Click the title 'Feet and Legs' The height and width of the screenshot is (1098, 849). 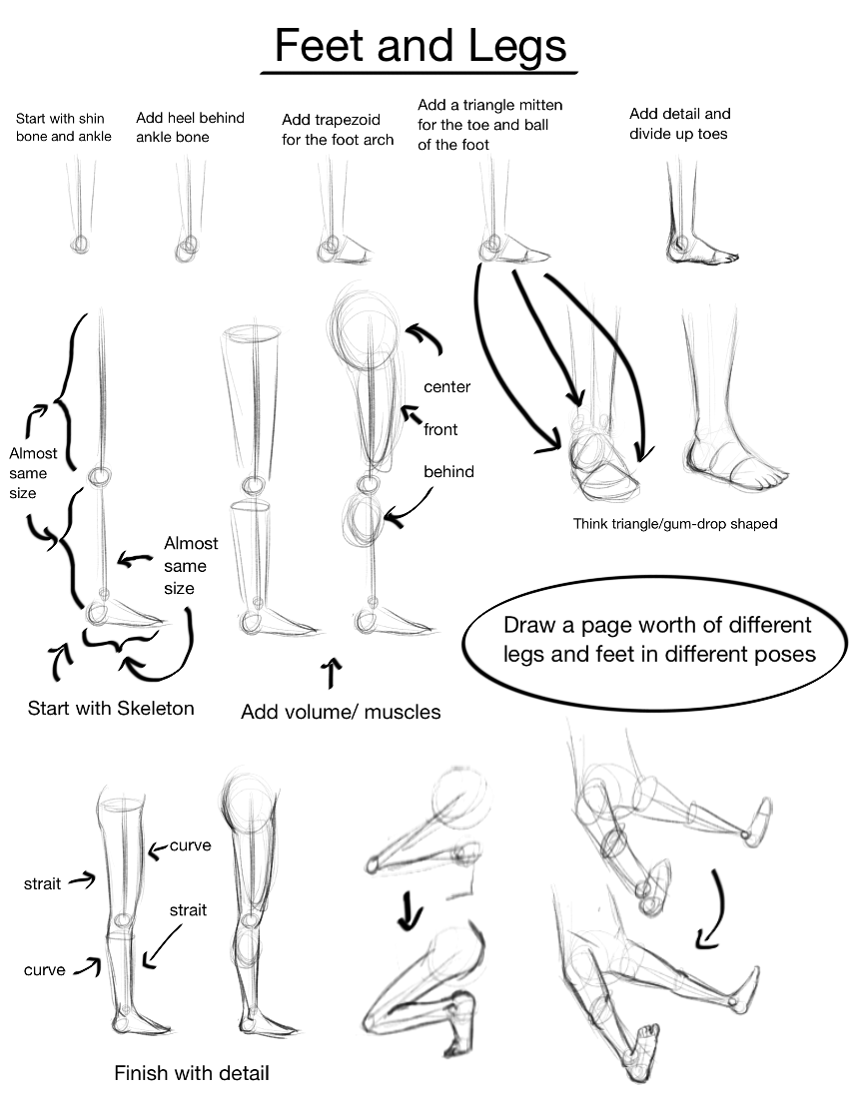click(x=420, y=46)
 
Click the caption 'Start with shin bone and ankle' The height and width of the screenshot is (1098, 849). click(x=63, y=127)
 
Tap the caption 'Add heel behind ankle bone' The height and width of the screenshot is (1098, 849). click(x=190, y=127)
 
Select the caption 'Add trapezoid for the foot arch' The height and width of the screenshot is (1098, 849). click(x=338, y=130)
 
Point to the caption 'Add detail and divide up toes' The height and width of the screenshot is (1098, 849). click(x=679, y=124)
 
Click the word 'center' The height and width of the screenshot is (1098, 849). click(x=446, y=386)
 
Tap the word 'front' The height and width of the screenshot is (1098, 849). click(x=440, y=429)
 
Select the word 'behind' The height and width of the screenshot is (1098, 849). click(x=448, y=471)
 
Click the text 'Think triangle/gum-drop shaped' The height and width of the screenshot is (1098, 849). click(x=675, y=523)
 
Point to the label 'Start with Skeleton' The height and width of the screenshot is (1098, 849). click(x=111, y=709)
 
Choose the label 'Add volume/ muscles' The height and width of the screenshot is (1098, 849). click(x=341, y=712)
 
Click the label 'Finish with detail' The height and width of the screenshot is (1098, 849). click(x=192, y=1074)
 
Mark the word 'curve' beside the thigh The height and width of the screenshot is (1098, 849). click(x=190, y=845)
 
